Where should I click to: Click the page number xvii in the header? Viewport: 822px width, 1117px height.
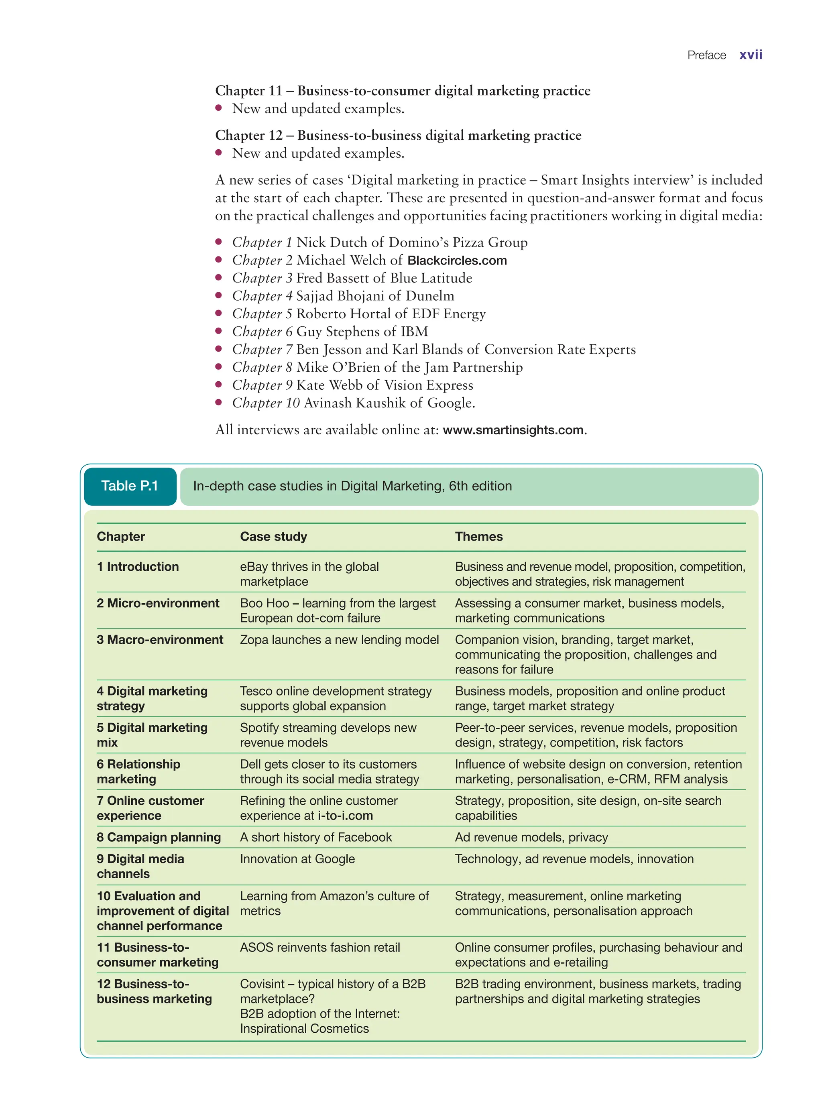pyautogui.click(x=750, y=55)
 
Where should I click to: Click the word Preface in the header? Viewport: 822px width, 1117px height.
pyautogui.click(x=706, y=55)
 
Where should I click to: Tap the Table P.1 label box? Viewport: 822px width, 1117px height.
pyautogui.click(x=130, y=486)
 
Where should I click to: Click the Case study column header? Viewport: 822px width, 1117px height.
pyautogui.click(x=273, y=536)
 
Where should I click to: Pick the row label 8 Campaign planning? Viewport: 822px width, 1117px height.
pyautogui.click(x=158, y=837)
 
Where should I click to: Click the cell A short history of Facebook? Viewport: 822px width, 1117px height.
pyautogui.click(x=315, y=837)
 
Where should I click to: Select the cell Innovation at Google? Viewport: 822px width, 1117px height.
pyautogui.click(x=297, y=859)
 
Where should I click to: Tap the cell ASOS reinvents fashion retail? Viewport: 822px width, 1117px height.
pyautogui.click(x=319, y=947)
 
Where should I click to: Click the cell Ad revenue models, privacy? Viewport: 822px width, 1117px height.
pyautogui.click(x=531, y=837)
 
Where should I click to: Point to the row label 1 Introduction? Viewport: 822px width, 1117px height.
pyautogui.click(x=137, y=567)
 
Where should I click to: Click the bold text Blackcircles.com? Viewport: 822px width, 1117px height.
pyautogui.click(x=456, y=261)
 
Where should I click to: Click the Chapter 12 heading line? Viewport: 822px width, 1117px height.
pyautogui.click(x=398, y=135)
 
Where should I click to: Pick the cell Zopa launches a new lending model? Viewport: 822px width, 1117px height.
pyautogui.click(x=339, y=640)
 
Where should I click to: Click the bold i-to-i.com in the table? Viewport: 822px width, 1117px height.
pyautogui.click(x=345, y=816)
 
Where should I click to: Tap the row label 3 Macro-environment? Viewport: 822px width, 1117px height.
pyautogui.click(x=160, y=640)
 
